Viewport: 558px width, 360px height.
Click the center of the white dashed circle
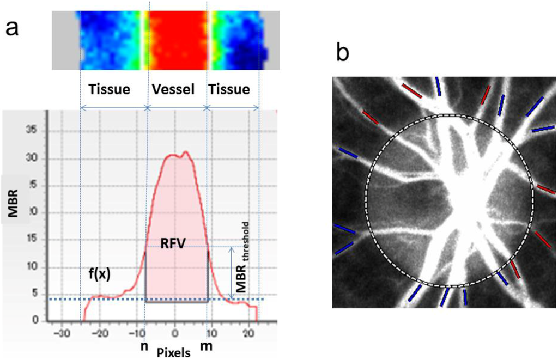[449, 200]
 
